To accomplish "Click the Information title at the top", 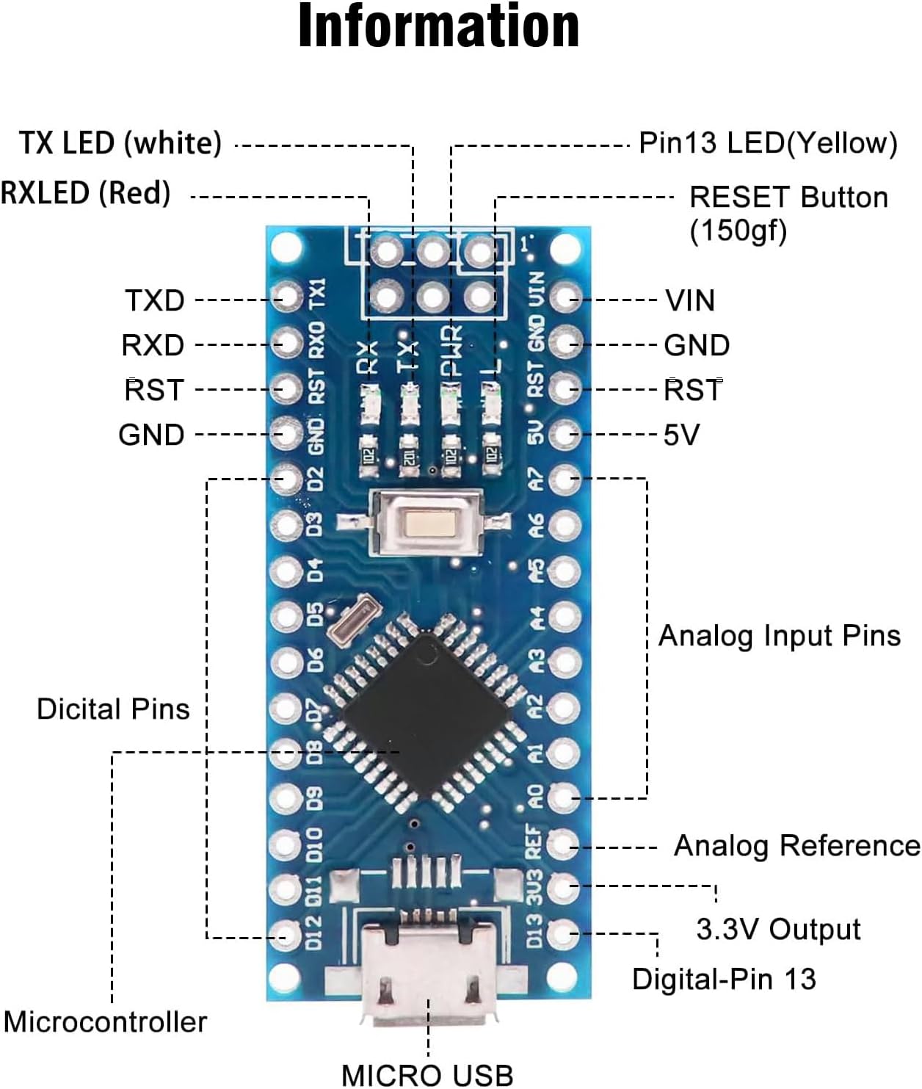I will pyautogui.click(x=439, y=26).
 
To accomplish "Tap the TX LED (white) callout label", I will pyautogui.click(x=120, y=142).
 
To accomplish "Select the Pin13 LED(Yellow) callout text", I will pyautogui.click(x=768, y=142).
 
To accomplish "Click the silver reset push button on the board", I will pyautogui.click(x=426, y=523).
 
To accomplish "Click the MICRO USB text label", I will pyautogui.click(x=427, y=1074).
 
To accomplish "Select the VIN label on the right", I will pyautogui.click(x=689, y=300).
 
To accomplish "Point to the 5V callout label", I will pyautogui.click(x=681, y=435).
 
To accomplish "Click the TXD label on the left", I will pyautogui.click(x=154, y=300).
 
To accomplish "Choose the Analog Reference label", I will pyautogui.click(x=796, y=846).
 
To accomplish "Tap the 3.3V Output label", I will pyautogui.click(x=778, y=930).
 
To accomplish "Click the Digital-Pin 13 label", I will pyautogui.click(x=724, y=979).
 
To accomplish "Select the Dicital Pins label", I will pyautogui.click(x=113, y=709).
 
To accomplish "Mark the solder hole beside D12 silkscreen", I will pyautogui.click(x=286, y=934).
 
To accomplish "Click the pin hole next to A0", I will pyautogui.click(x=564, y=797).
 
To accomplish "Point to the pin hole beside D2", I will pyautogui.click(x=286, y=480).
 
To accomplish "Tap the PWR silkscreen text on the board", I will pyautogui.click(x=451, y=351).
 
